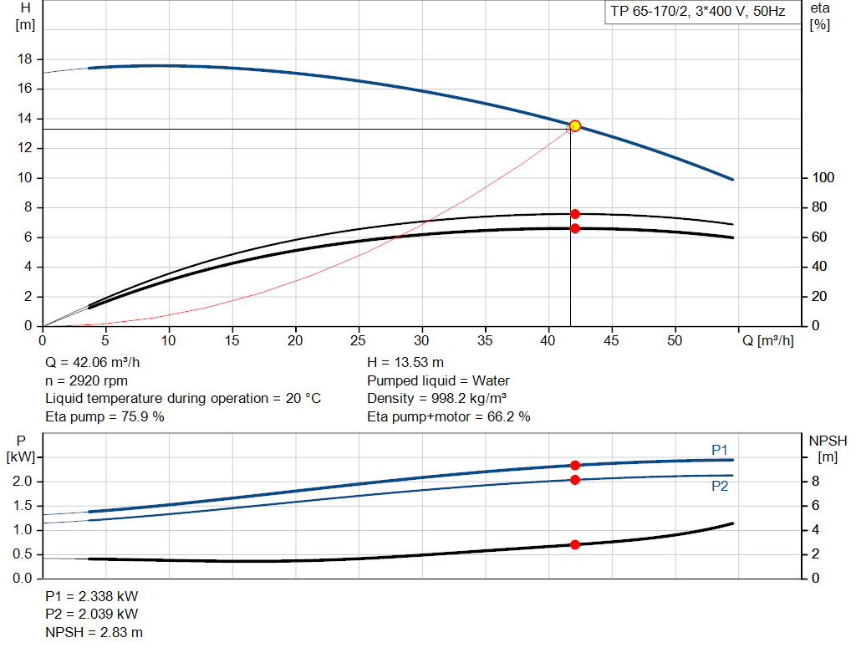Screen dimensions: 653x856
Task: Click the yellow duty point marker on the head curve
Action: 575,125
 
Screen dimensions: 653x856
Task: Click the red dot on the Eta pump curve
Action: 575,214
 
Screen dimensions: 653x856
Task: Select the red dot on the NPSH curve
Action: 575,544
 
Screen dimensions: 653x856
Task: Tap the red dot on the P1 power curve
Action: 575,465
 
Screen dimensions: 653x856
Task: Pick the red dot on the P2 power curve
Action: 575,479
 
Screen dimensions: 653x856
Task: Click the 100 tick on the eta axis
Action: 823,178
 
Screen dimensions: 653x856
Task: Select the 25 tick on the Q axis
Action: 359,341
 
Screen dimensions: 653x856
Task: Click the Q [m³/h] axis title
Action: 768,341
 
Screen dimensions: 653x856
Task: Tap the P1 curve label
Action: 720,450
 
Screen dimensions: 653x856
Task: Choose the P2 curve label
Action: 720,486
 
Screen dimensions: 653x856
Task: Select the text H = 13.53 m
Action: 405,363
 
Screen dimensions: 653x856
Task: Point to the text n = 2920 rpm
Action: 86,380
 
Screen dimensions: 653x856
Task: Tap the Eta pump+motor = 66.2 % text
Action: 449,416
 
